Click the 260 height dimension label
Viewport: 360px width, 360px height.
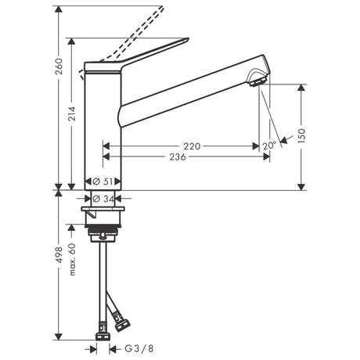pyautogui.click(x=59, y=67)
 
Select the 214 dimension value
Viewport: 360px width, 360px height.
pyautogui.click(x=71, y=113)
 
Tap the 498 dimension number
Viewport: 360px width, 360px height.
pyautogui.click(x=59, y=255)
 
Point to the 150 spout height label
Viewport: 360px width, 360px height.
pyautogui.click(x=301, y=135)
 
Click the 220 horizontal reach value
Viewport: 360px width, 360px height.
pyautogui.click(x=192, y=146)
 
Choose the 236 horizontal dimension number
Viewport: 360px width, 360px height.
pyautogui.click(x=178, y=157)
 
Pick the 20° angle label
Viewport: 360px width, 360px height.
pyautogui.click(x=269, y=146)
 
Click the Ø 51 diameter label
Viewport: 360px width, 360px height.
pyautogui.click(x=103, y=182)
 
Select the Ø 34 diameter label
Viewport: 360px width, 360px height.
pyautogui.click(x=103, y=199)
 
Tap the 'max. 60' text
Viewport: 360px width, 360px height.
pyautogui.click(x=72, y=259)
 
